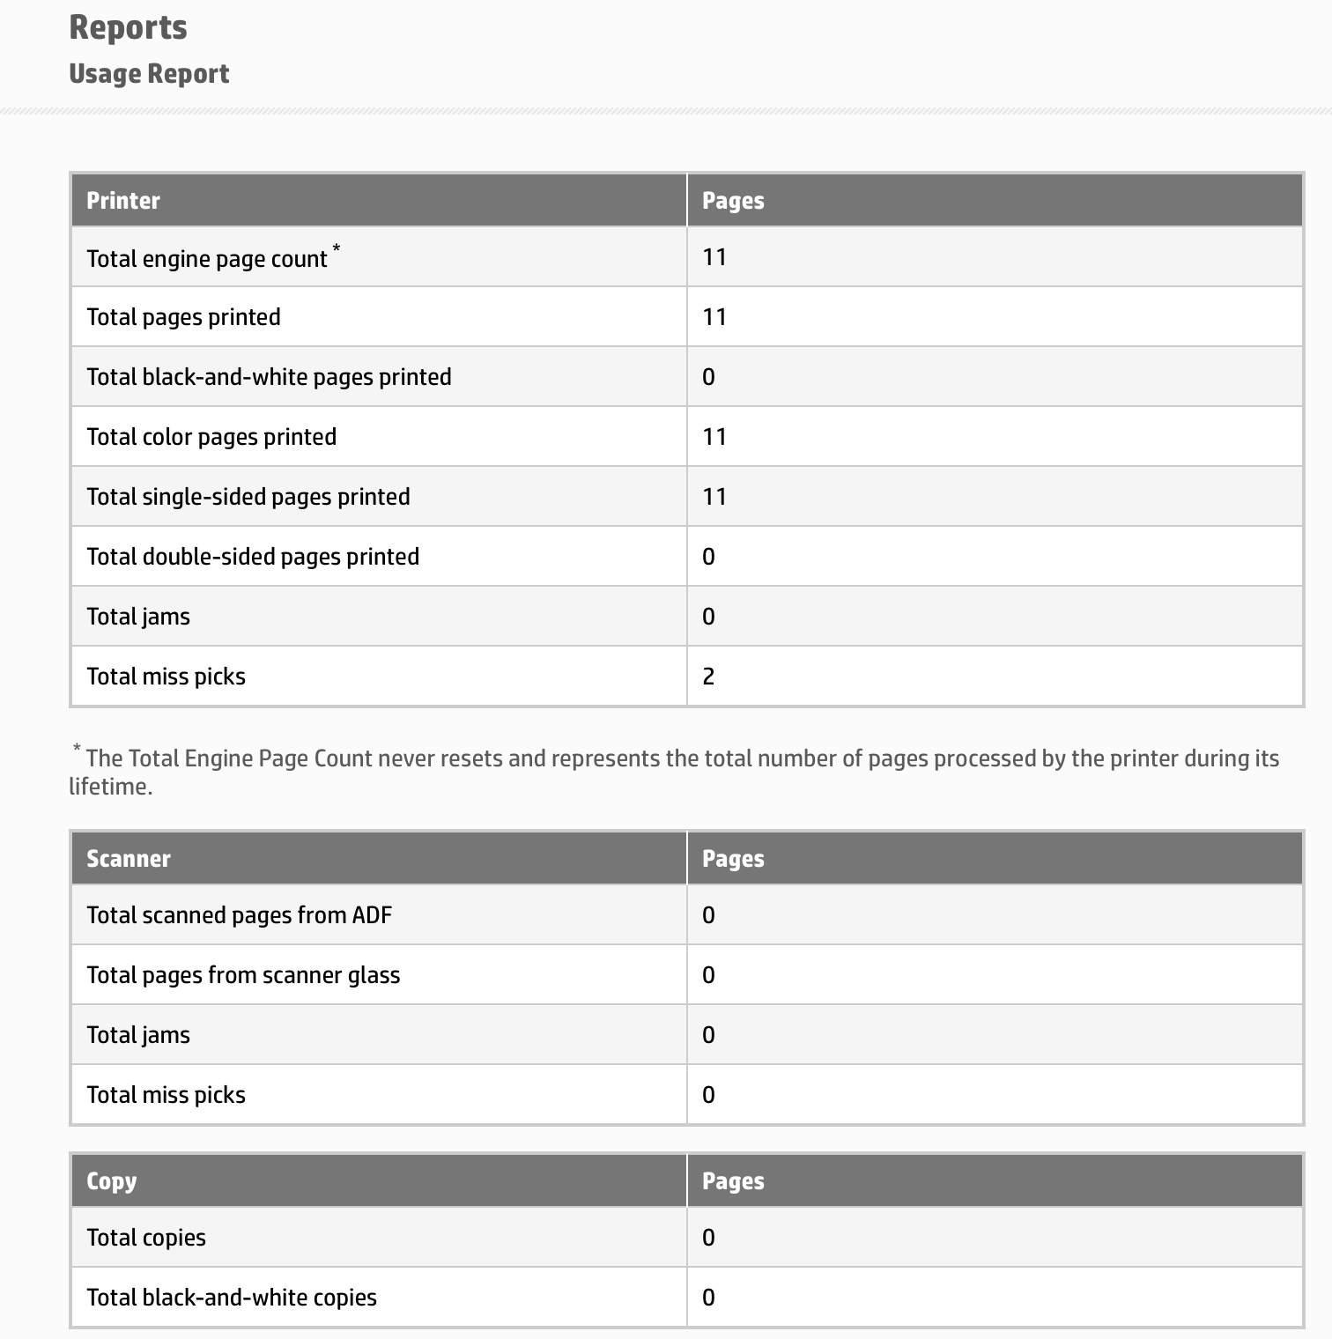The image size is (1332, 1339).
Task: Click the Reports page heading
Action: (128, 27)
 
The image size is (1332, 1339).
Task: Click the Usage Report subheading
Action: (149, 74)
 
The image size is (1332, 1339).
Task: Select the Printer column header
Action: (123, 201)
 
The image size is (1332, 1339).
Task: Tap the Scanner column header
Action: (129, 859)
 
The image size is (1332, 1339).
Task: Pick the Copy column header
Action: (112, 1181)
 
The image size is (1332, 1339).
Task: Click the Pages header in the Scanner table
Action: (733, 859)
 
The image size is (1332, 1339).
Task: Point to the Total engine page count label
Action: (207, 259)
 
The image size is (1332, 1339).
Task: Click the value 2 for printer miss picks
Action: (709, 677)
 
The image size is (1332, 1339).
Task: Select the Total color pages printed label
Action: (211, 437)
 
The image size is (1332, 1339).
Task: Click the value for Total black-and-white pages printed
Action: (709, 377)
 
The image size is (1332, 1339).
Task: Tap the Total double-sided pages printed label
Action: (253, 557)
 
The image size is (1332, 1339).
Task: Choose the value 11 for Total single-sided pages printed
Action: (714, 497)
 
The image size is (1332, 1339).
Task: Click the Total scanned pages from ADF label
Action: (239, 915)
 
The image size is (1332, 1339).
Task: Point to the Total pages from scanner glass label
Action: (243, 975)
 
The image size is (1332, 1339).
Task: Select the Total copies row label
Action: (146, 1238)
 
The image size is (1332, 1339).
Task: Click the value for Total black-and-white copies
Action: (709, 1298)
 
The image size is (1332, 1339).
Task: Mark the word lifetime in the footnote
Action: (110, 787)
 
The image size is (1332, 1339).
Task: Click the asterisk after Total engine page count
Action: (337, 249)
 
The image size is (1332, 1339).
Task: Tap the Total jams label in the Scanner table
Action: (138, 1035)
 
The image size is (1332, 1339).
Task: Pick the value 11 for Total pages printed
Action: (714, 317)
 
